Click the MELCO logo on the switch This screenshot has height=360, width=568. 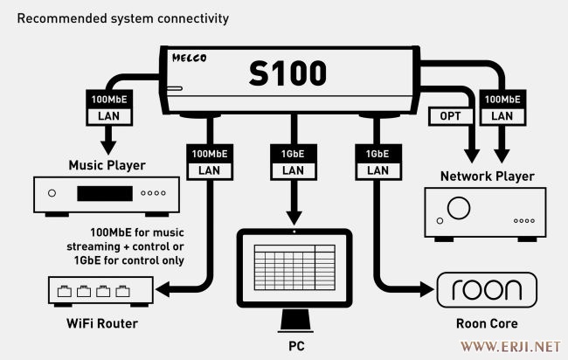tap(189, 58)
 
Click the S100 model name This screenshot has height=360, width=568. tap(287, 73)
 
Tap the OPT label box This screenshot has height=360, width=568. tap(451, 116)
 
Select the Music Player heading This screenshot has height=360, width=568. tap(107, 165)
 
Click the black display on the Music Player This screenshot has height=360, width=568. tap(105, 193)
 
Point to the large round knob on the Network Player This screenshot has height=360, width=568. tap(459, 208)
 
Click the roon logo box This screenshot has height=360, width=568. tap(487, 290)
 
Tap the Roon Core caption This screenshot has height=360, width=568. tap(487, 323)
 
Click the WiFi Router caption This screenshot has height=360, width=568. tap(102, 323)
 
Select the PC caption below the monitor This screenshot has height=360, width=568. tap(296, 346)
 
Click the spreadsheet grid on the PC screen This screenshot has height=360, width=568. tap(294, 267)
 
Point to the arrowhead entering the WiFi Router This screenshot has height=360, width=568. tap(163, 289)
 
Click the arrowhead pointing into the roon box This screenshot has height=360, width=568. tap(427, 289)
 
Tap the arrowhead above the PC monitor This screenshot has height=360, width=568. tap(294, 218)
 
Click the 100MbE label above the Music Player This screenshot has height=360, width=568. tap(109, 100)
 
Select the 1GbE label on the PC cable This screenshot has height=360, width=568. tap(293, 154)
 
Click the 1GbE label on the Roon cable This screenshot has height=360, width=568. tap(378, 154)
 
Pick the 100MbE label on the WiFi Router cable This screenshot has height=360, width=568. tap(210, 154)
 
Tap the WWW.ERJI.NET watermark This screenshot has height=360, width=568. tap(510, 347)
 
